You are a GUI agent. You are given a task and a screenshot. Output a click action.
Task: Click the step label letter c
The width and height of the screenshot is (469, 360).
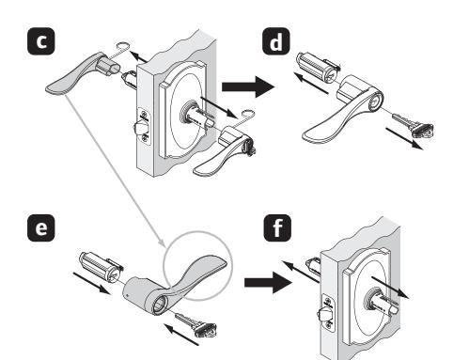click(x=41, y=41)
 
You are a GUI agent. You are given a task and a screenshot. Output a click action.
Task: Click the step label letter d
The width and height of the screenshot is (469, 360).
click(x=276, y=41)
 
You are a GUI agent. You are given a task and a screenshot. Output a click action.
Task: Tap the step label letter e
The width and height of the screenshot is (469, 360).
click(x=41, y=227)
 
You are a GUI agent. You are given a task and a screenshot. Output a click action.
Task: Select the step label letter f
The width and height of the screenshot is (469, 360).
click(x=277, y=227)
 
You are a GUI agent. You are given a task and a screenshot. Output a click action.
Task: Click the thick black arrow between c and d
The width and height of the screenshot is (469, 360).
click(x=248, y=86)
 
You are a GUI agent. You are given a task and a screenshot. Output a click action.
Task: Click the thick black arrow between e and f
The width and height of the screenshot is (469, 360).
click(x=268, y=282)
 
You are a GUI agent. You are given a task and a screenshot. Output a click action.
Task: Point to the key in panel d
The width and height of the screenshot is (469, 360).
click(x=413, y=125)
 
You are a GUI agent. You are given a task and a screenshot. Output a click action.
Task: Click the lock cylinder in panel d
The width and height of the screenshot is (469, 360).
click(x=319, y=69)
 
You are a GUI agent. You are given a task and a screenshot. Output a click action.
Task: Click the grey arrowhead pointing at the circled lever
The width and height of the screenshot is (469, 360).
click(x=162, y=243)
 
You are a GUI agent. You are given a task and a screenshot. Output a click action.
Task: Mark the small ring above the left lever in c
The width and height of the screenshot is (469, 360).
click(x=122, y=45)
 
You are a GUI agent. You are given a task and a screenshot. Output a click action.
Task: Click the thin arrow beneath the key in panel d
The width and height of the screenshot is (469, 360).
click(x=404, y=138)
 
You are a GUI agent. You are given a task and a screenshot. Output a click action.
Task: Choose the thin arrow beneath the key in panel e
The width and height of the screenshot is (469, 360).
click(x=181, y=336)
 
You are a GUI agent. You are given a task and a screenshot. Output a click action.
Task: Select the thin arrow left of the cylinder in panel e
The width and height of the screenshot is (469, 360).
click(x=91, y=284)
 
